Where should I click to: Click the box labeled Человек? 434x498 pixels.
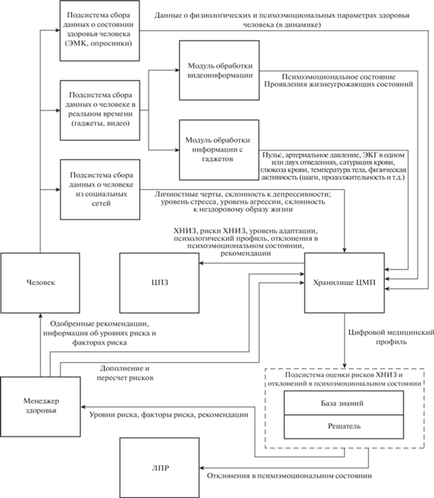(x=40, y=283)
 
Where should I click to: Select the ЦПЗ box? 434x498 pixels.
(x=160, y=283)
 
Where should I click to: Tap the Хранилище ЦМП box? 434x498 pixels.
(x=344, y=283)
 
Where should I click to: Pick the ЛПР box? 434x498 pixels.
(x=160, y=467)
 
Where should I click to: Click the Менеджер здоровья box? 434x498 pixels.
(x=40, y=406)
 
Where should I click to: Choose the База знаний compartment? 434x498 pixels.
(x=344, y=403)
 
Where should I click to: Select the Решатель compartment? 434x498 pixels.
(x=344, y=427)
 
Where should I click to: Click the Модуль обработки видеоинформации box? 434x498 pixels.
(x=219, y=71)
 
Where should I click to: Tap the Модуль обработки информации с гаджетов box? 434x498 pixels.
(x=219, y=150)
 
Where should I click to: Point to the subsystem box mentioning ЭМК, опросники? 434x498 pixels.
(x=99, y=31)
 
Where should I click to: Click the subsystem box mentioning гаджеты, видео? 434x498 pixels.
(x=100, y=110)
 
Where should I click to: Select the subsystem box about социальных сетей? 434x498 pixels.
(x=100, y=190)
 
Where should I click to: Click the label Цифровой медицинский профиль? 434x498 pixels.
(x=391, y=337)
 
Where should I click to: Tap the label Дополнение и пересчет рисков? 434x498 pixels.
(x=125, y=373)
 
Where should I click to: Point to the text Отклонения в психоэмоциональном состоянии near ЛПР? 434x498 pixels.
(x=289, y=476)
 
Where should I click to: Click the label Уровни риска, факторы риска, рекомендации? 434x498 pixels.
(x=168, y=414)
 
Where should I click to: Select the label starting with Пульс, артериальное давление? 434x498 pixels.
(x=333, y=166)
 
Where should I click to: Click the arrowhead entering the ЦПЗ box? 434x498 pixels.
(x=202, y=263)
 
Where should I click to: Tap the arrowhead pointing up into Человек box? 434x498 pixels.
(x=40, y=315)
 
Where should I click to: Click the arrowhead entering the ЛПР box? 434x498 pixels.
(x=202, y=468)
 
